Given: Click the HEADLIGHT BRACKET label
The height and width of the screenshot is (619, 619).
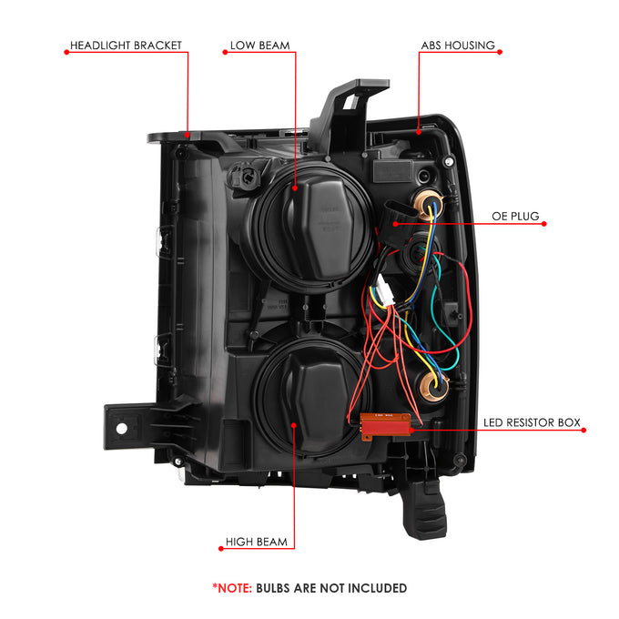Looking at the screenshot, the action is pyautogui.click(x=126, y=46).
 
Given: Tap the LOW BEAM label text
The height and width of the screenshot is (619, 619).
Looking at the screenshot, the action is pyautogui.click(x=259, y=46).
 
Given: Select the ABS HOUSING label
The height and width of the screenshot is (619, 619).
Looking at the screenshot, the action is pyautogui.click(x=458, y=46).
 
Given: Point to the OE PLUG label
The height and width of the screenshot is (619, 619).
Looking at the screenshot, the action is pyautogui.click(x=515, y=217).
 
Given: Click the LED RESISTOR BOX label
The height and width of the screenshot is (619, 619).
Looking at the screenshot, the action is pyautogui.click(x=532, y=422).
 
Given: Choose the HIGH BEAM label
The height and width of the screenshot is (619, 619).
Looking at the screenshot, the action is pyautogui.click(x=256, y=542).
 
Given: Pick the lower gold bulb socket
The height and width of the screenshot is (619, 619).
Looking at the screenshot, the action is pyautogui.click(x=433, y=384).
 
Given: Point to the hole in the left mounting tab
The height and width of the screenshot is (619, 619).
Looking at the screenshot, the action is pyautogui.click(x=122, y=429).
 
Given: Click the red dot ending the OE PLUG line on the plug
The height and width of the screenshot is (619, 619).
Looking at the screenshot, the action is pyautogui.click(x=395, y=224).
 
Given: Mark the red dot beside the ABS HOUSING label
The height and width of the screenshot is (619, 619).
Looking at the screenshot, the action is pyautogui.click(x=500, y=52).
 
